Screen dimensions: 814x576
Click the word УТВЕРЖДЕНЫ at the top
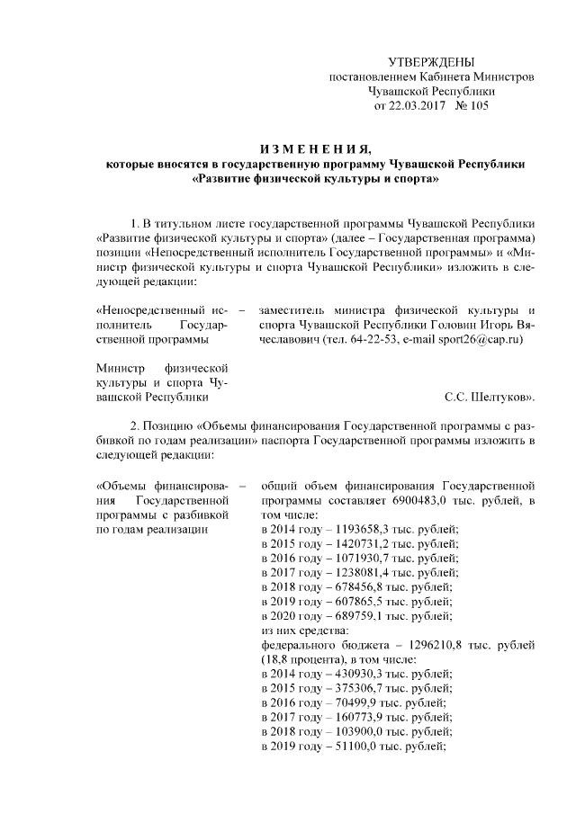430,61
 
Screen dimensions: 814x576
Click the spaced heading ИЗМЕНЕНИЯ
310,148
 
